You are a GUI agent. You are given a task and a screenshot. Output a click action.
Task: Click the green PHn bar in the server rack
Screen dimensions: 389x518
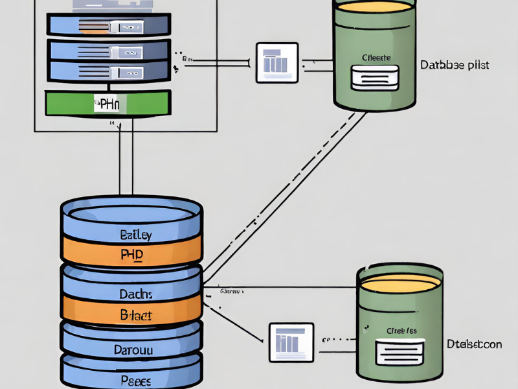(107, 102)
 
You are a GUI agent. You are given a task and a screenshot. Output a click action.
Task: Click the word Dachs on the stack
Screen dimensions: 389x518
(135, 294)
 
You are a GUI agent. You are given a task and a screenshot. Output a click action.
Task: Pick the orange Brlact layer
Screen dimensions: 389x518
(135, 316)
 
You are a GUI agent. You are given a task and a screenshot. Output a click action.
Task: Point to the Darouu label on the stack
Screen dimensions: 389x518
(135, 349)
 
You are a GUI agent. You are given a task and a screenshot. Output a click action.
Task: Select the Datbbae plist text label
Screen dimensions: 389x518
(454, 65)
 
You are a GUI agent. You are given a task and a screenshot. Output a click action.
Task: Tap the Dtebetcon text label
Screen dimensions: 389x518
(474, 344)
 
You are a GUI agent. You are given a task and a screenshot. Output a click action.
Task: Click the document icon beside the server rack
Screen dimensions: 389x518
(277, 63)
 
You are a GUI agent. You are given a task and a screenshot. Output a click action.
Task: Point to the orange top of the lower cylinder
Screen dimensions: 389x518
(400, 283)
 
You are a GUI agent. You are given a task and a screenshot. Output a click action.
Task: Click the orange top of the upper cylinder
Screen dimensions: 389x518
(373, 8)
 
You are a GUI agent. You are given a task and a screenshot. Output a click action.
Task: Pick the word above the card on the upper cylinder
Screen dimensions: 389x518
(376, 57)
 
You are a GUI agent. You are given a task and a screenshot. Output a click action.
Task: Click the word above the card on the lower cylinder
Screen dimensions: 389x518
(401, 331)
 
